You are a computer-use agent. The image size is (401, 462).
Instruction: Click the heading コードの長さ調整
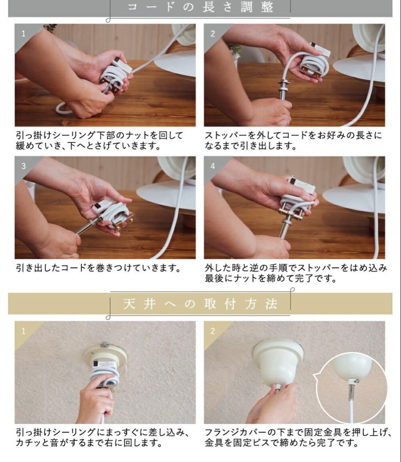coord(201,8)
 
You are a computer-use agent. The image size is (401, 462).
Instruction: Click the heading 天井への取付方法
coord(200,304)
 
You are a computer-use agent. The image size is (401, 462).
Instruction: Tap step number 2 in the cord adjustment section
coord(212,33)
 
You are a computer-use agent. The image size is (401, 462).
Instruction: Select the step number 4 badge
coord(212,166)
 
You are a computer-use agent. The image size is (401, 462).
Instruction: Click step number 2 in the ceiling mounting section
coord(212,330)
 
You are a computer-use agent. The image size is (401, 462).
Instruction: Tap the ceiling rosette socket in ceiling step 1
coord(105,357)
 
